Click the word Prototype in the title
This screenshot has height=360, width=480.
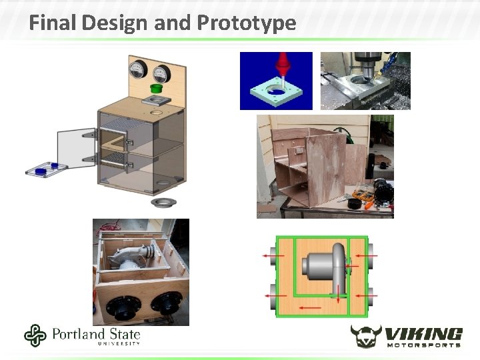pyautogui.click(x=247, y=23)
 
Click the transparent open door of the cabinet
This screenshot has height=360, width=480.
pyautogui.click(x=78, y=149)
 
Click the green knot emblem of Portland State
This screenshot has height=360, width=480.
pyautogui.click(x=35, y=335)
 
